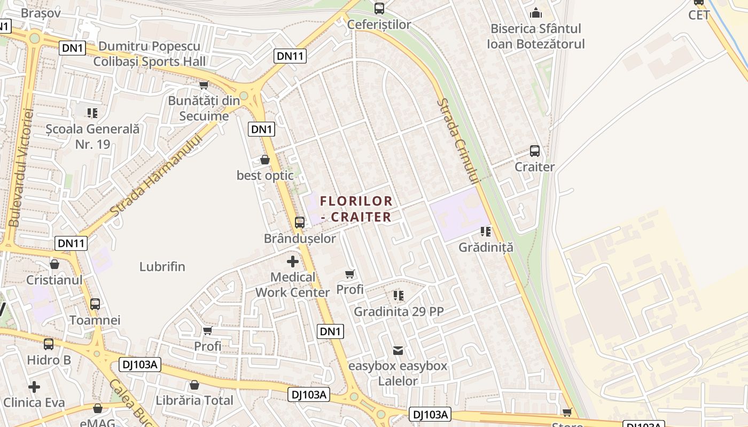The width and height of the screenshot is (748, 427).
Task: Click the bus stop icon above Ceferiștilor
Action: (x=379, y=9)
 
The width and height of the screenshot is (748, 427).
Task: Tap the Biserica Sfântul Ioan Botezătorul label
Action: (x=535, y=36)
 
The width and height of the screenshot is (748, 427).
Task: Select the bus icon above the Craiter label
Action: (x=535, y=151)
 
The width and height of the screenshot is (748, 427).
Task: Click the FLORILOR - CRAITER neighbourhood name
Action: (x=356, y=209)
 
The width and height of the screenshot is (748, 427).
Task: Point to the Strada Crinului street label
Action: (x=459, y=141)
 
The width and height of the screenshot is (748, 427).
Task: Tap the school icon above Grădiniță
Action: (x=486, y=232)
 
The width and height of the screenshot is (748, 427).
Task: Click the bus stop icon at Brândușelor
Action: (x=300, y=222)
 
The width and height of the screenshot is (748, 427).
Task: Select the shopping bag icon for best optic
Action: (x=265, y=160)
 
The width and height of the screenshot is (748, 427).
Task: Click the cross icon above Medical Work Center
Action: (x=293, y=262)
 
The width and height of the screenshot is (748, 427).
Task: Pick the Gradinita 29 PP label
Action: (x=399, y=311)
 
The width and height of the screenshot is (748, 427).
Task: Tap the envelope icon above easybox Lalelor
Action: (x=398, y=351)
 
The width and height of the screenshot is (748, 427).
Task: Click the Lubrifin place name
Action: (x=162, y=266)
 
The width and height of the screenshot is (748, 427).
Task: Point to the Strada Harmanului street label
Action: (x=155, y=176)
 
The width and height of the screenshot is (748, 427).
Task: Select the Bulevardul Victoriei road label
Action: (x=21, y=167)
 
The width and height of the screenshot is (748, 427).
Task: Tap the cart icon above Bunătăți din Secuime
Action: (x=204, y=85)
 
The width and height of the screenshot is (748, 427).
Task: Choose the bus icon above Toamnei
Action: (x=95, y=304)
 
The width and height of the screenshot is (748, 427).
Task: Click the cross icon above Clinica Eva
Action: (x=34, y=386)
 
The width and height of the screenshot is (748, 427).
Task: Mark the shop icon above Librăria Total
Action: (x=194, y=385)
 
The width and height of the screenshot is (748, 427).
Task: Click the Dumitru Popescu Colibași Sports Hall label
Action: (x=150, y=54)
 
